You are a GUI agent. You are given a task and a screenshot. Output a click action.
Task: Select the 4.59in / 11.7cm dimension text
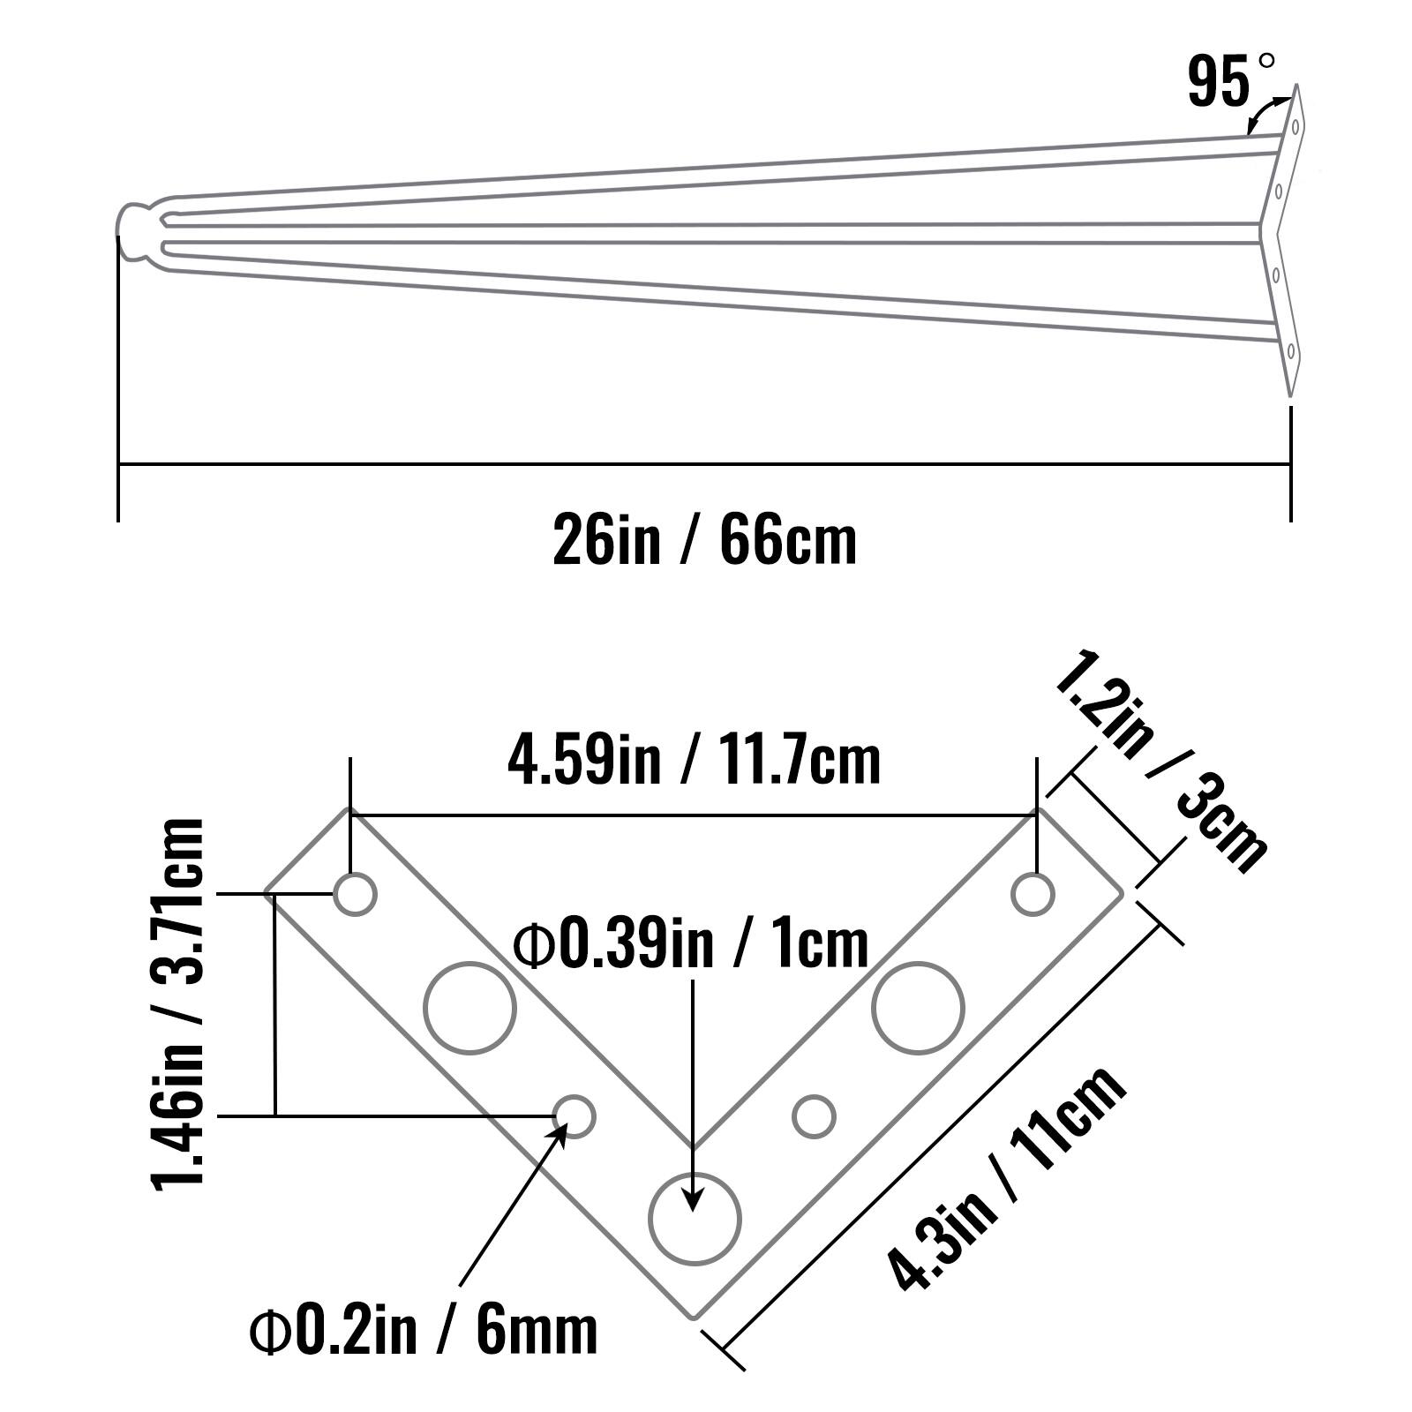tap(694, 761)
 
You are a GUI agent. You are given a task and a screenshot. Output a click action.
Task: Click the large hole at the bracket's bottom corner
tap(695, 1220)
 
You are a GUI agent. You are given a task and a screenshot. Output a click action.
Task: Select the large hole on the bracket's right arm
tap(918, 1008)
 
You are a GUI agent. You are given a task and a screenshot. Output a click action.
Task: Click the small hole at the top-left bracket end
tap(355, 895)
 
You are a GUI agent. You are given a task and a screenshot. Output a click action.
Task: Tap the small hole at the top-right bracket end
tap(1033, 895)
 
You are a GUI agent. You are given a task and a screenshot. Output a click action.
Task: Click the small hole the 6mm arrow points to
tap(575, 1116)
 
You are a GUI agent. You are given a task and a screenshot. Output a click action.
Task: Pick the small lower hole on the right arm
tap(814, 1116)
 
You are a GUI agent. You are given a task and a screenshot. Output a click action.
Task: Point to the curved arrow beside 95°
tap(1264, 113)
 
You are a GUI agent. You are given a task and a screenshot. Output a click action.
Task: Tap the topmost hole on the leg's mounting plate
tap(1295, 127)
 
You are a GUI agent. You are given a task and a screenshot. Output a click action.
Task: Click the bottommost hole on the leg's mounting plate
tap(1290, 351)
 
